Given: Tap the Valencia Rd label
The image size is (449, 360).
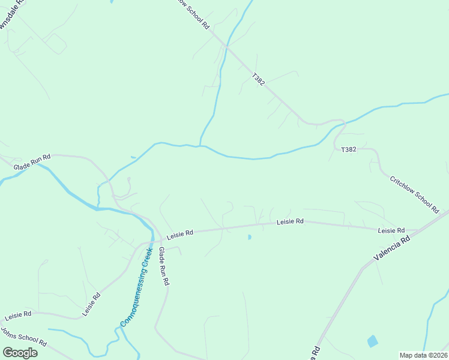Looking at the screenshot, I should coord(391,247).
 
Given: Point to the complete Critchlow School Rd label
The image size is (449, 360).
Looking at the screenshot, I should coord(415,194).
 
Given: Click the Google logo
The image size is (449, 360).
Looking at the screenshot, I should coord(20,353).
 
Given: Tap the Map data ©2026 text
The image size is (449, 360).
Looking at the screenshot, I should coord(423,355).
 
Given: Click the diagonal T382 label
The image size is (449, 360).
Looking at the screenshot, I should coord(258,79).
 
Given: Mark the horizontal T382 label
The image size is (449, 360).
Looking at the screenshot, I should coord(349,149).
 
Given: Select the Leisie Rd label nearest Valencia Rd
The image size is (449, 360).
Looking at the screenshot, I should coord(391,230).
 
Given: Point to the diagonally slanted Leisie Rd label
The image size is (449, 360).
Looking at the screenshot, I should coord(91,304).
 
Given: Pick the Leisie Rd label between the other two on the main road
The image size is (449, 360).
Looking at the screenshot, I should coord(291,221).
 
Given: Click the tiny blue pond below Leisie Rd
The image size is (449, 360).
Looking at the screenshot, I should coord(249,238).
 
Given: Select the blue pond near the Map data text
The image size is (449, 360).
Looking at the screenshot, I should coord(373,341).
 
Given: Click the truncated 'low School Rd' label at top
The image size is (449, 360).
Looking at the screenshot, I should coord(193,13).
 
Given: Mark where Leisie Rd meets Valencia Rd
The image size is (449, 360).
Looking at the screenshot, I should coord(419,230).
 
